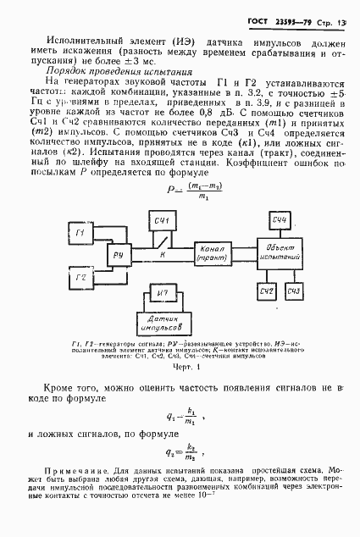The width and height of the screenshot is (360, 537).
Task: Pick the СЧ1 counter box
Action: tap(163, 223)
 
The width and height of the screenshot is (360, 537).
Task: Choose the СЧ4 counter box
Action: tap(281, 221)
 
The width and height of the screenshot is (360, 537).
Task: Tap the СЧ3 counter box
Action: tap(295, 292)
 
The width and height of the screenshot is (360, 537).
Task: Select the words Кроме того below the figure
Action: tap(94, 385)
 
